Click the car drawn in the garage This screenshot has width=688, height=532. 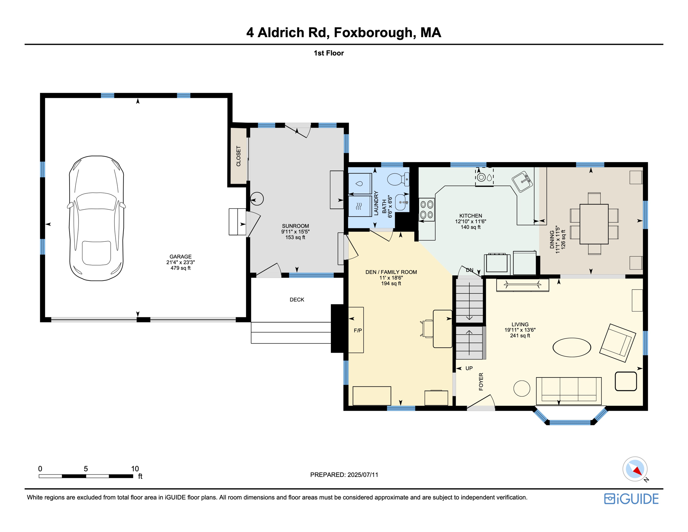97,218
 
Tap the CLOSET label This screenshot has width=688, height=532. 238,156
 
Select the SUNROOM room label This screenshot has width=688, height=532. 295,226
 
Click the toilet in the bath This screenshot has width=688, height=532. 397,179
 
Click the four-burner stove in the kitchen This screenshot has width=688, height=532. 427,210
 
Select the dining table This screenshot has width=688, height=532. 594,224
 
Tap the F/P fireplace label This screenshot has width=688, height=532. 358,330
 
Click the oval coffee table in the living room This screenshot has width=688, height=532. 571,347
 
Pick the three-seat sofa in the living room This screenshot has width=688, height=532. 569,390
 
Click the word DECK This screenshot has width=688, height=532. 297,300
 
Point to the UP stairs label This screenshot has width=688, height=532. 469,368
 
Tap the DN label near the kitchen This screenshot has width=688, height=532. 469,270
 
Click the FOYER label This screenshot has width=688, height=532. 481,382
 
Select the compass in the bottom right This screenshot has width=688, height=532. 635,469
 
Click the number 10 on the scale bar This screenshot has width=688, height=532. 135,469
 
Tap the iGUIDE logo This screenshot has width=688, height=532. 631,499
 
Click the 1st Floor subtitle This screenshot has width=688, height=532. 328,53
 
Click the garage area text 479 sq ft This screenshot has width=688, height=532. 180,268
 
